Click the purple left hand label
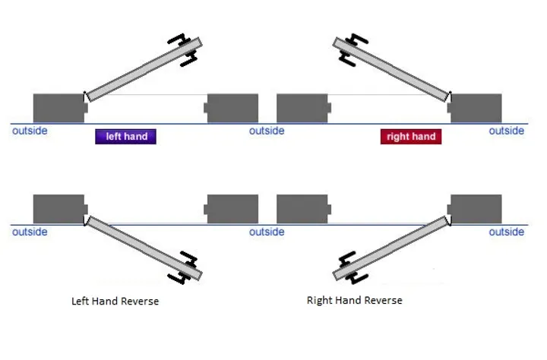click(x=125, y=137)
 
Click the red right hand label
click(x=411, y=137)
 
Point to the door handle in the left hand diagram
click(x=187, y=49)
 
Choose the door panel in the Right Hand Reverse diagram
click(x=395, y=246)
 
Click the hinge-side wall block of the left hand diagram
click(x=58, y=108)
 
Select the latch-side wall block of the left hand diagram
click(x=232, y=108)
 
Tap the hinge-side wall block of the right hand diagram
click(x=476, y=108)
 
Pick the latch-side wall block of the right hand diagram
click(x=302, y=108)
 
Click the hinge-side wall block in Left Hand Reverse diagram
click(x=58, y=209)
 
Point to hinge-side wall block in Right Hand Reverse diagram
click(x=476, y=209)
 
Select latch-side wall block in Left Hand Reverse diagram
click(x=232, y=209)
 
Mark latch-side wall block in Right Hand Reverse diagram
click(x=302, y=209)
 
